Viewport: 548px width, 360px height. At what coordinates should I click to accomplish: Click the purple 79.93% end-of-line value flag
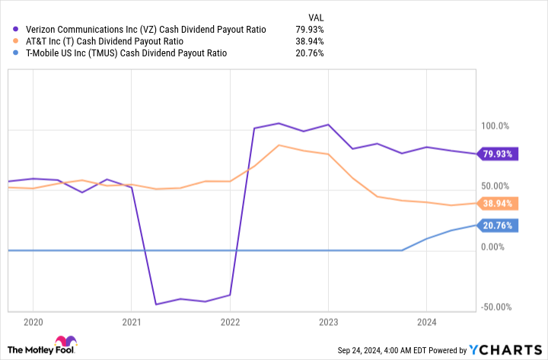499,154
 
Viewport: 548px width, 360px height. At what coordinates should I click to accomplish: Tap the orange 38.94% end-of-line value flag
499,203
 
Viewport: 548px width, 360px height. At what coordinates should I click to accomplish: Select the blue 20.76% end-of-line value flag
499,225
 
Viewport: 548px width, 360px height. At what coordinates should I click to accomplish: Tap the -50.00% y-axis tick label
497,307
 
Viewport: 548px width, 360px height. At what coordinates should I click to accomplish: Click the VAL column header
314,15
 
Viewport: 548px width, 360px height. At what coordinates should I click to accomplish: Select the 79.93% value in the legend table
309,30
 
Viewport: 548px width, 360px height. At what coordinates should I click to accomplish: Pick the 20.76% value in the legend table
309,53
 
